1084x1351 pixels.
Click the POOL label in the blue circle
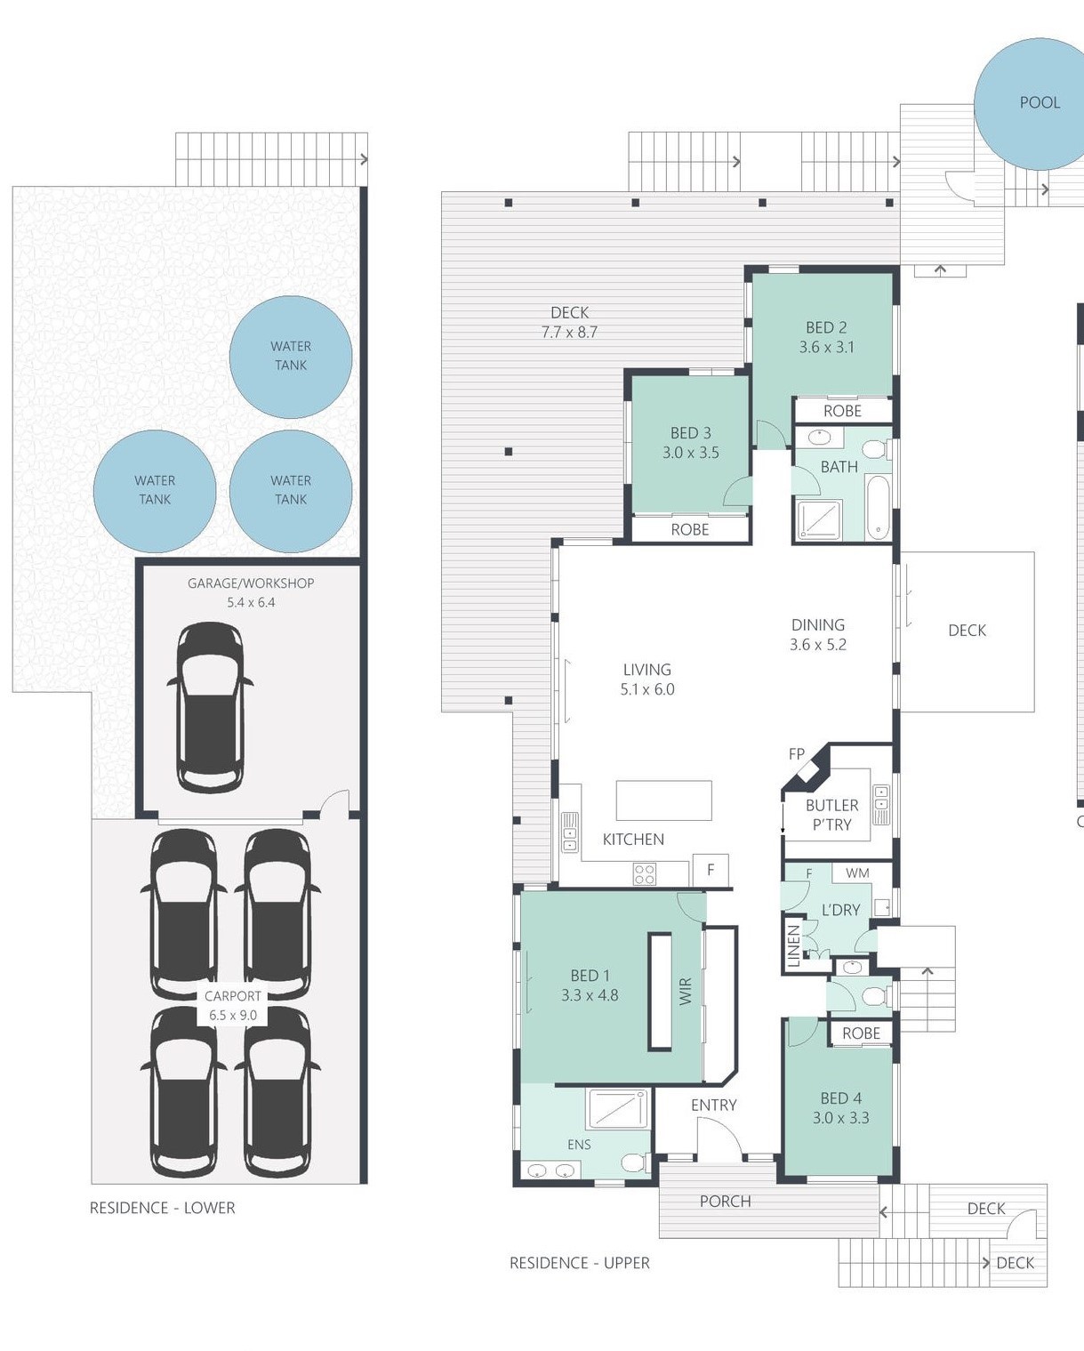tap(1040, 102)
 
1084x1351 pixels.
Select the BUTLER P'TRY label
tap(831, 814)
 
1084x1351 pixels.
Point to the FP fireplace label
tap(797, 754)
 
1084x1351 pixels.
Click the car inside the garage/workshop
tap(210, 707)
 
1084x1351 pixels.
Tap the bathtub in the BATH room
tap(878, 507)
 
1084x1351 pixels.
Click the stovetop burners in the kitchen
tap(645, 874)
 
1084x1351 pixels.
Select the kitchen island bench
tap(664, 800)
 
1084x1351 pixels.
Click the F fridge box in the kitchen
tap(711, 870)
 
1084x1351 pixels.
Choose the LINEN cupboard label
tap(793, 946)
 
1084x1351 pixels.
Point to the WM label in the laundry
tap(857, 873)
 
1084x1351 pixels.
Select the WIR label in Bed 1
tap(686, 992)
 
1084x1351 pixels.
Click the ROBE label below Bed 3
tap(690, 529)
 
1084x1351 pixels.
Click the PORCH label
tap(725, 1201)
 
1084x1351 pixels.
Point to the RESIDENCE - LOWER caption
tap(163, 1207)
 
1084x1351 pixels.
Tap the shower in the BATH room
tap(820, 519)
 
